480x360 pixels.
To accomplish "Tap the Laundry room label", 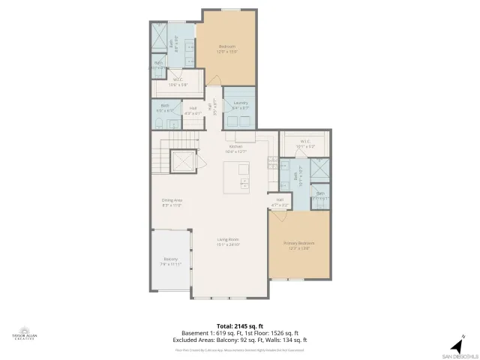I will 241,104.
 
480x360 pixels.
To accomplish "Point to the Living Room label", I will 228,241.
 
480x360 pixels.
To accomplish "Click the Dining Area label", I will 172,202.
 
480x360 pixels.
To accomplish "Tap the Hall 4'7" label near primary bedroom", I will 280,201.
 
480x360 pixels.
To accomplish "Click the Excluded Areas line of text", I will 240,340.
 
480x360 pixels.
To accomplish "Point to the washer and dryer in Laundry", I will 240,118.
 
